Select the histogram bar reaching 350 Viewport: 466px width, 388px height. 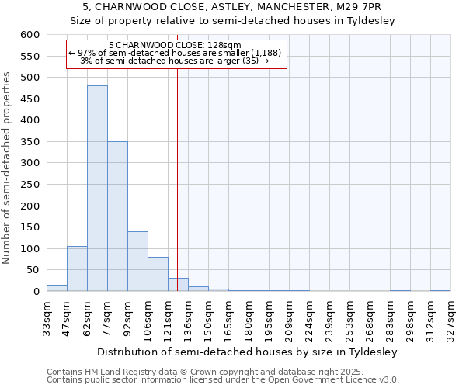pos(117,217)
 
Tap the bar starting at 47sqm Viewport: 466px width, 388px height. pos(77,268)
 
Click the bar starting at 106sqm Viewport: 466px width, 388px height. pos(158,274)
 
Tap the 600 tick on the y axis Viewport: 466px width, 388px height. pos(30,35)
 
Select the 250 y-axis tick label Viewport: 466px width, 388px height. pos(30,185)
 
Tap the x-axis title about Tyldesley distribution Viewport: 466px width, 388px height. pos(247,352)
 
